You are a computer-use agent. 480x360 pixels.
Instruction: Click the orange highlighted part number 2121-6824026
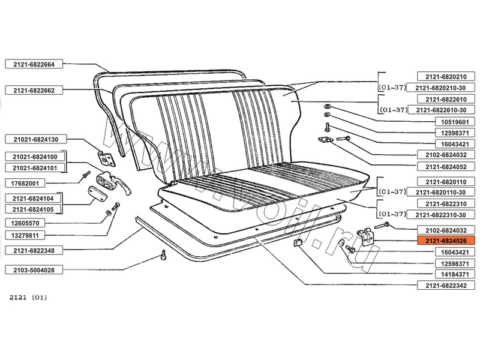[445, 241]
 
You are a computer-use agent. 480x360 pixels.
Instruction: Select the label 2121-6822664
[30, 64]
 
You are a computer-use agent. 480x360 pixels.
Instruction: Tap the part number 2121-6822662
[30, 90]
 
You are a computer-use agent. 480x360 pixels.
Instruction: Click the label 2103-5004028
[30, 271]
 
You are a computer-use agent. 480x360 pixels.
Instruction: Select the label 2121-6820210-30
[445, 88]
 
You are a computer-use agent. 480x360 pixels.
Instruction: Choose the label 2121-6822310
[445, 203]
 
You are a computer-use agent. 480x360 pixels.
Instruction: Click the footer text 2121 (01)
[28, 298]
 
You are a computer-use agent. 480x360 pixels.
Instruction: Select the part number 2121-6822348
[30, 249]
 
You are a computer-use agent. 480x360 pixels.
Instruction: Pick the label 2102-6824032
[445, 230]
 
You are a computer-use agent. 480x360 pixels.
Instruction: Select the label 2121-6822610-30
[445, 110]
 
